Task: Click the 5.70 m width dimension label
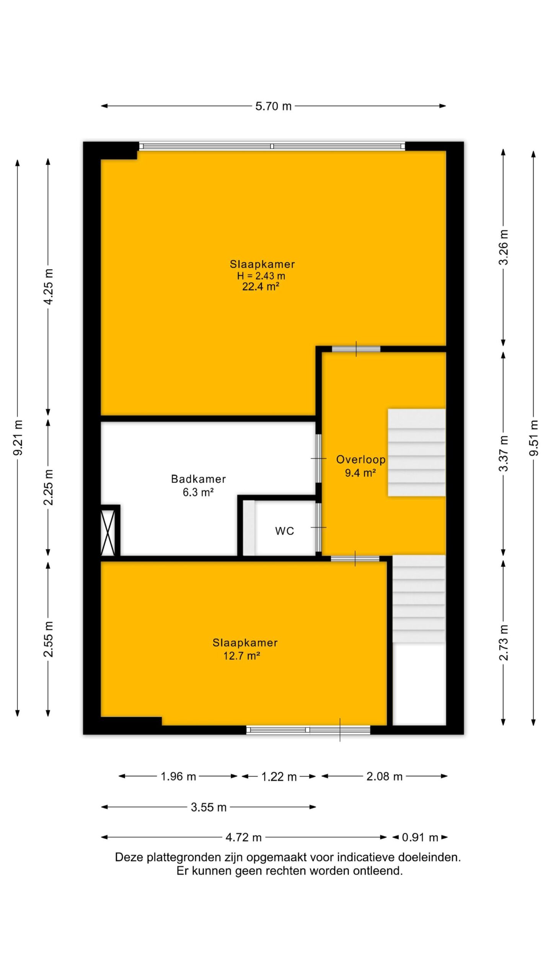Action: click(x=273, y=106)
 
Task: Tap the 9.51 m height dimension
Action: click(x=534, y=438)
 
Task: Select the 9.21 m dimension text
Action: click(x=18, y=437)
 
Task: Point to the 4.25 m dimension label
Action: click(x=49, y=287)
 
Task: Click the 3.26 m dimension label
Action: click(x=504, y=247)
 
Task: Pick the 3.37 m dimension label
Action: click(x=504, y=454)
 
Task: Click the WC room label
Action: click(x=285, y=531)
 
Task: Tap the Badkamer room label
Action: click(x=198, y=479)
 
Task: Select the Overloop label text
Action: click(x=360, y=459)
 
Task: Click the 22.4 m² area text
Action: click(x=260, y=286)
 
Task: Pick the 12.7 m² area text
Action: click(x=242, y=656)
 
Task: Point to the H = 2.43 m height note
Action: click(x=261, y=275)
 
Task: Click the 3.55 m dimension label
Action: click(x=209, y=807)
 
